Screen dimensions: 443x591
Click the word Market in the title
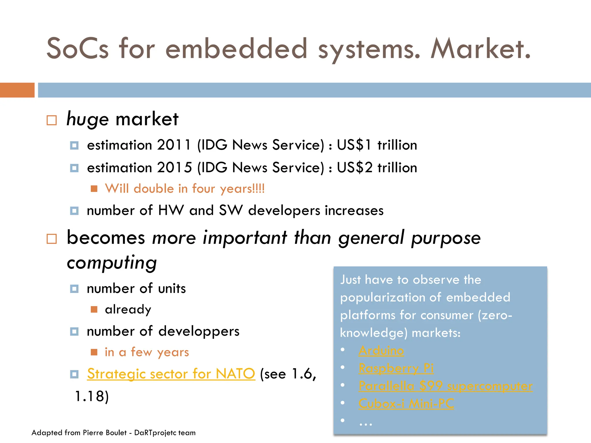click(480, 49)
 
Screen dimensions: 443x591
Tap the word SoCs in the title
click(78, 49)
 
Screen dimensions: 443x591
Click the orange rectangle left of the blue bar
click(17, 90)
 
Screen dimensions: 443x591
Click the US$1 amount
click(354, 145)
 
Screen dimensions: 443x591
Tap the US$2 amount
click(355, 168)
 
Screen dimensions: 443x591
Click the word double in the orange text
click(154, 189)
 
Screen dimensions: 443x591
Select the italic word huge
click(87, 119)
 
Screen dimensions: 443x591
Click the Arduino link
click(381, 351)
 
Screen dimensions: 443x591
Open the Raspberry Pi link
click(396, 368)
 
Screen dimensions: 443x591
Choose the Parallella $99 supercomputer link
click(445, 386)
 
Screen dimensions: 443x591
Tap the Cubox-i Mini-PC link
click(406, 403)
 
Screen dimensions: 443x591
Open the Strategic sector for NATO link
click(171, 374)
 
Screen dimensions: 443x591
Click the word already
click(128, 309)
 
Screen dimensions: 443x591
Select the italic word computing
click(112, 262)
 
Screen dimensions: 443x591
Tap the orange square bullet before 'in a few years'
click(94, 352)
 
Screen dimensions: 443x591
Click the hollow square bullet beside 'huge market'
click(52, 120)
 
